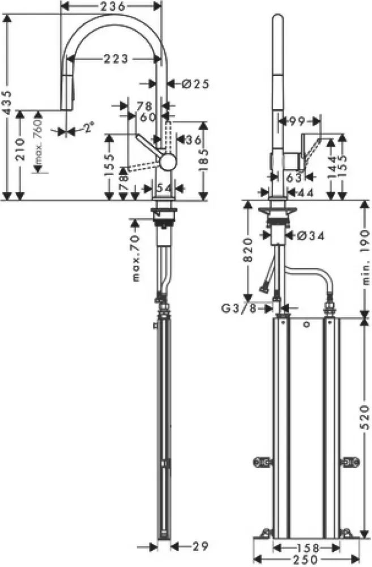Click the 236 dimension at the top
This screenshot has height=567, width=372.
[110, 6]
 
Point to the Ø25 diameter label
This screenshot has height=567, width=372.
[196, 83]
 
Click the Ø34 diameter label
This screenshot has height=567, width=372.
[309, 236]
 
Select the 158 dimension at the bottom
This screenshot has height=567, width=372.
[306, 548]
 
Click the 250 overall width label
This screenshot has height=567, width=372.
[306, 558]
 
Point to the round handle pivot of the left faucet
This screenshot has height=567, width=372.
[168, 162]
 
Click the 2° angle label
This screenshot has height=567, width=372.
[88, 128]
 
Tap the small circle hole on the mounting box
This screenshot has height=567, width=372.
[306, 325]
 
